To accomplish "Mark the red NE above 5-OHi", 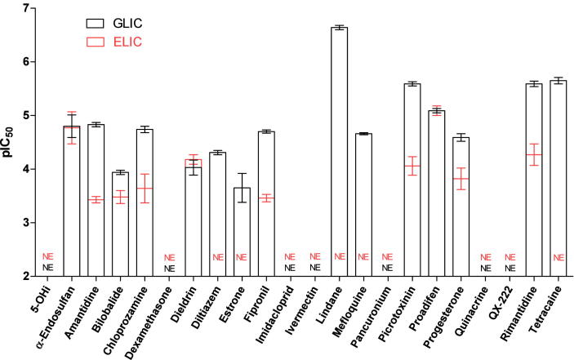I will tap(48, 257).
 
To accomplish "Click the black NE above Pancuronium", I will tap(388, 268).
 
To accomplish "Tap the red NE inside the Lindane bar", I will tap(340, 257).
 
